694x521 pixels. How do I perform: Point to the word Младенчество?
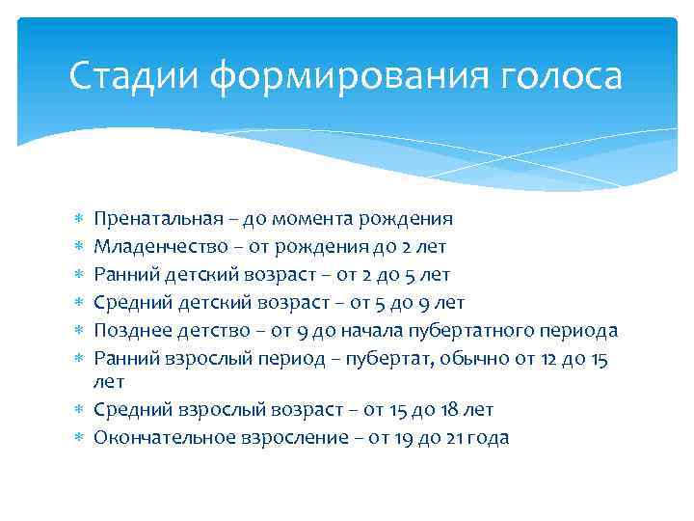coord(156,247)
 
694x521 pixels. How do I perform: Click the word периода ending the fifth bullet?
coord(575,331)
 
